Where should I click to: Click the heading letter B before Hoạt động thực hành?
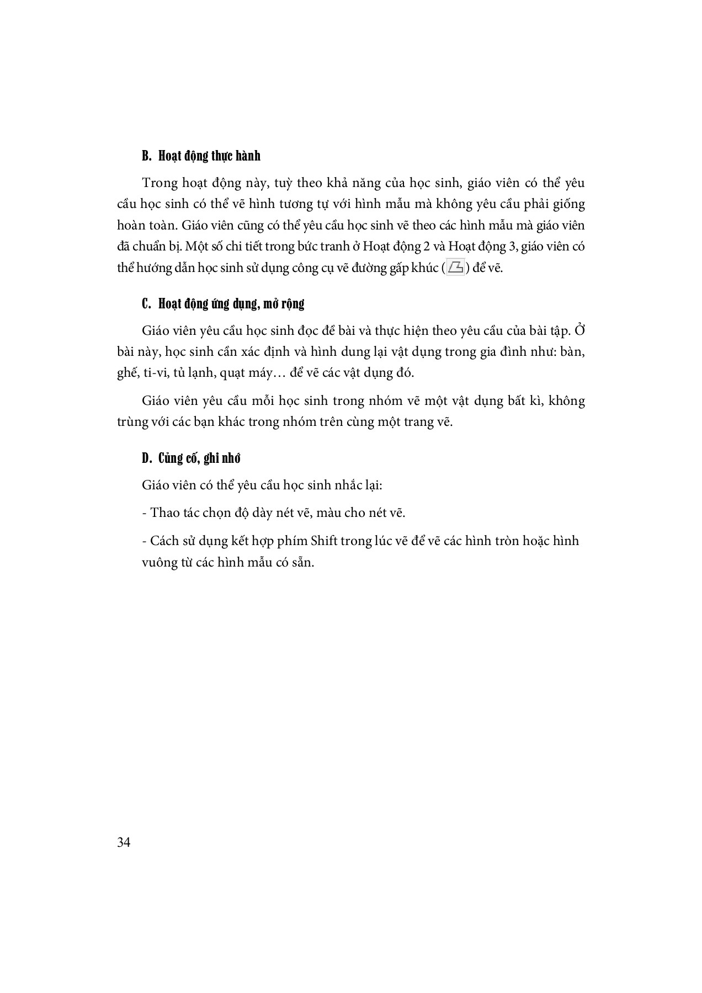click(x=146, y=156)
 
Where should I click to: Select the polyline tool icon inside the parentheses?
click(x=456, y=268)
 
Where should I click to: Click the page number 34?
click(x=124, y=842)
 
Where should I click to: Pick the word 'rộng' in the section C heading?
click(x=292, y=304)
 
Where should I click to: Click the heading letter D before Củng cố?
click(x=146, y=458)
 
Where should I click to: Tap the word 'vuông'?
click(x=158, y=563)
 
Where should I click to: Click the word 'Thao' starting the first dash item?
click(x=164, y=513)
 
